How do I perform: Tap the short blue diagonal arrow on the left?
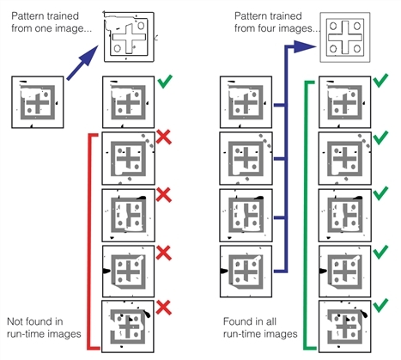(x=82, y=63)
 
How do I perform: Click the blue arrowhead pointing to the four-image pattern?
(x=305, y=46)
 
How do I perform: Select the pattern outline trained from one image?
(x=129, y=37)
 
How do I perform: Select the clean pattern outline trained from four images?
(x=345, y=37)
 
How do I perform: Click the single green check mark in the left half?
(x=165, y=81)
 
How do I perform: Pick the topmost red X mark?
(x=164, y=137)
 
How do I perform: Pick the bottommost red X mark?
(x=164, y=308)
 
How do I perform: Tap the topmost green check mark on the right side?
(x=381, y=80)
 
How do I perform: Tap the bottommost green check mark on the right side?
(x=381, y=305)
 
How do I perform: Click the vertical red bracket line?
(x=89, y=241)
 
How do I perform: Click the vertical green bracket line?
(x=306, y=216)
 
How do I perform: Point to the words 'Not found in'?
(x=35, y=321)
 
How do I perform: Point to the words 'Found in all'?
(x=250, y=321)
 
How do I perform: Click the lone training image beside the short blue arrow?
(x=38, y=102)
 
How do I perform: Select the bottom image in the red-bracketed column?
(x=128, y=326)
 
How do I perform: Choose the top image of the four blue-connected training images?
(x=246, y=102)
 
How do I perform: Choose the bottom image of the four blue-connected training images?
(x=246, y=272)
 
